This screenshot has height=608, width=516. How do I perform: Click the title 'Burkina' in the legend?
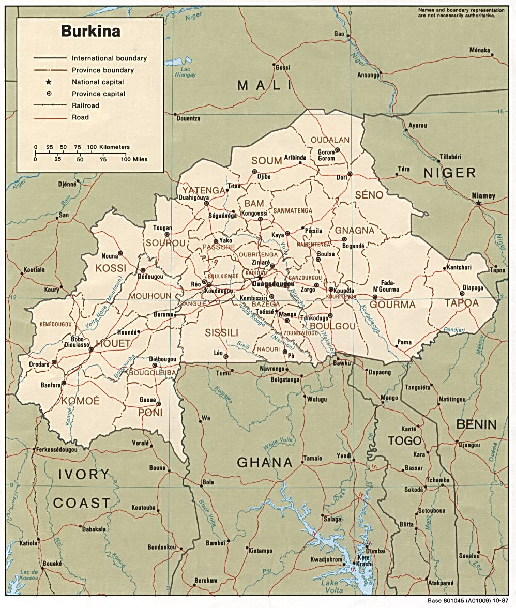click(x=90, y=31)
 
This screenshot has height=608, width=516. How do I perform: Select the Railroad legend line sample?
click(x=50, y=105)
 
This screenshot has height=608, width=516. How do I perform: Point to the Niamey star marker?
click(x=479, y=204)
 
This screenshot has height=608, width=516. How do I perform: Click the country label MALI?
click(x=265, y=85)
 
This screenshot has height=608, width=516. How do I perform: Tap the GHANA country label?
click(x=265, y=462)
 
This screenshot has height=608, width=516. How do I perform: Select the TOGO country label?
click(x=405, y=440)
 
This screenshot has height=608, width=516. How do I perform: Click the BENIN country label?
click(x=476, y=425)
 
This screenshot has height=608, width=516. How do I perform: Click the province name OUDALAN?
click(x=330, y=140)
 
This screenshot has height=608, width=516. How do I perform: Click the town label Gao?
click(x=339, y=34)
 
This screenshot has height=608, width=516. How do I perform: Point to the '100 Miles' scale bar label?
click(x=134, y=159)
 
